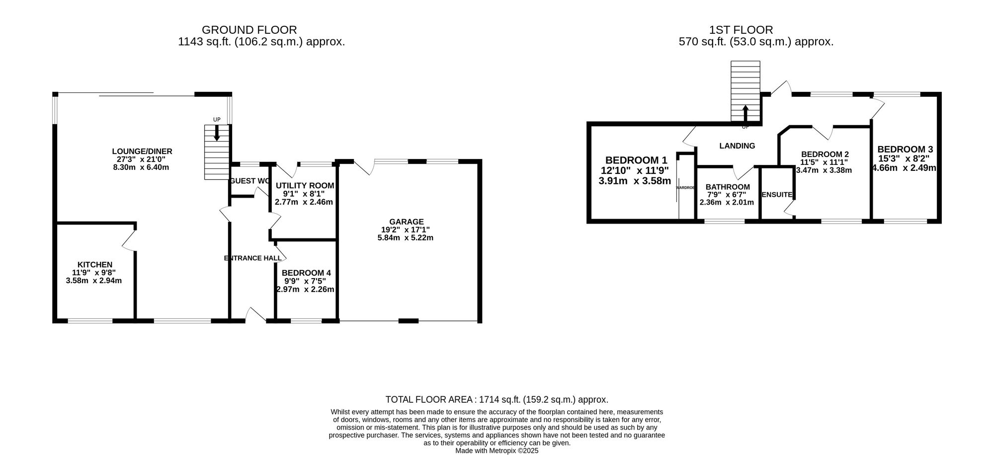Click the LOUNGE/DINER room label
point(142,152)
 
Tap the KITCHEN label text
point(94,265)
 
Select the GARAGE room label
point(406,222)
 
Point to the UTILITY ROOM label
point(305,186)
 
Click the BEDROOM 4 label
point(306,273)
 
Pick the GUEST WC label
point(250,181)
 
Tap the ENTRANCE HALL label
point(252,258)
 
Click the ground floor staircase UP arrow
point(217,133)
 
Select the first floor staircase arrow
point(745,113)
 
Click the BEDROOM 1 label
point(636,160)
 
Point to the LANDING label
point(737,146)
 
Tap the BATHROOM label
point(727,187)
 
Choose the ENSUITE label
point(777,195)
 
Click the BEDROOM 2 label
point(825,154)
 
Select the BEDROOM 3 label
point(905,150)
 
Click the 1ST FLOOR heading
point(742,30)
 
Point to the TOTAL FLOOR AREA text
point(497,399)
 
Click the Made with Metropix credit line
point(497,451)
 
